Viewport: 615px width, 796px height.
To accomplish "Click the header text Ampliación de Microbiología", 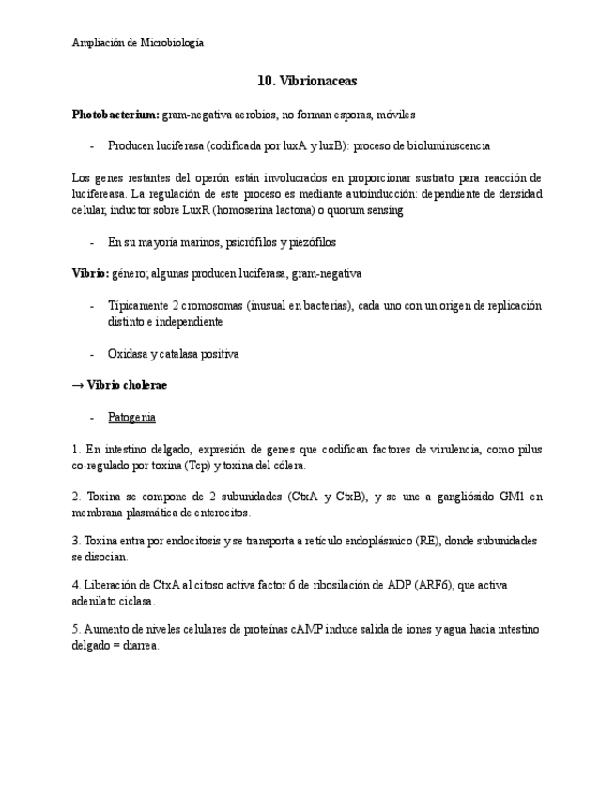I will pos(137,42).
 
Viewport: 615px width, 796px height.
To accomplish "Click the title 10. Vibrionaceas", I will pos(307,82).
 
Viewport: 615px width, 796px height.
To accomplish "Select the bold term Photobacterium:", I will pos(115,115).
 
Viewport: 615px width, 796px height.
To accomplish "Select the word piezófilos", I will pos(306,242).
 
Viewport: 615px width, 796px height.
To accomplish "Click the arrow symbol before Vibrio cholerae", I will pos(78,386).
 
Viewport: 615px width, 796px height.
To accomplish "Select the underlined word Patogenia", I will pos(131,417).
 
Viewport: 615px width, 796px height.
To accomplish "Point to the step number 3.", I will pos(75,541).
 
